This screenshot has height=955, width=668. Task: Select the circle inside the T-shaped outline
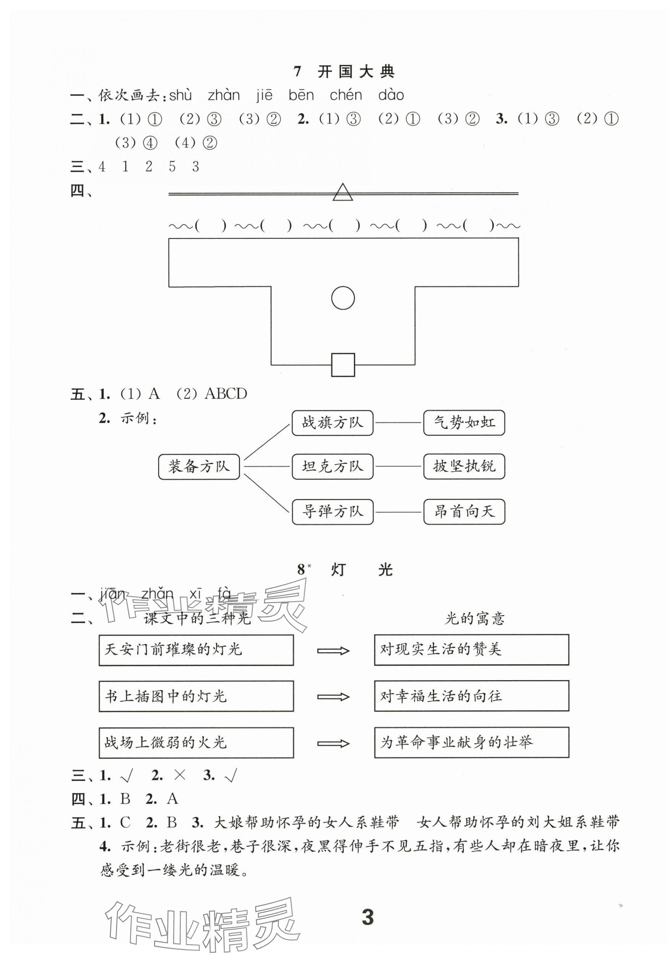click(x=343, y=298)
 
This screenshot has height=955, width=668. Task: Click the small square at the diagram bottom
click(x=343, y=365)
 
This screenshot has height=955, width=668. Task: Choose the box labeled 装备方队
click(x=199, y=467)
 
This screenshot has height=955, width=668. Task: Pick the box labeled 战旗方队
click(x=332, y=423)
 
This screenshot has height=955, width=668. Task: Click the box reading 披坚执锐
click(x=464, y=467)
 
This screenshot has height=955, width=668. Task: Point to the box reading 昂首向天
click(x=464, y=511)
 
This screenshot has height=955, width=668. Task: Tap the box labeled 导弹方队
click(x=332, y=511)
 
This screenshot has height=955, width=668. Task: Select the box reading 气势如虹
click(x=464, y=423)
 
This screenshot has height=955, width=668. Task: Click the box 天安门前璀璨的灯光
click(x=196, y=650)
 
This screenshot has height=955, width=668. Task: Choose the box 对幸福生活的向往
click(x=471, y=696)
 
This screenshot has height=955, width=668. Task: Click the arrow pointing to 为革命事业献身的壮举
click(x=333, y=743)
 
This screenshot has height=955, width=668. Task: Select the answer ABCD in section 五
click(x=226, y=394)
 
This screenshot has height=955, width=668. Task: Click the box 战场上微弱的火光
click(x=196, y=742)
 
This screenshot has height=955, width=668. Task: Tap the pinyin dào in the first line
click(x=391, y=96)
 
